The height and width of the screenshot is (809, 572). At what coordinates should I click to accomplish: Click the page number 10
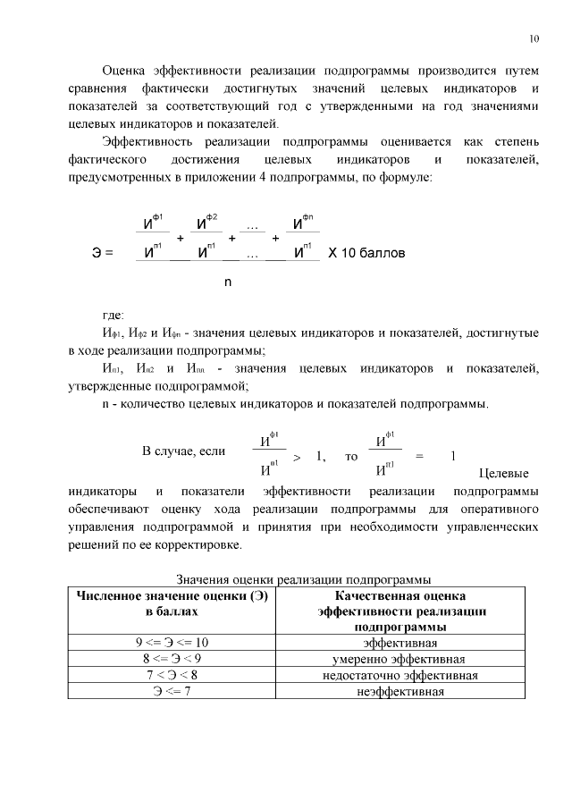pyautogui.click(x=534, y=38)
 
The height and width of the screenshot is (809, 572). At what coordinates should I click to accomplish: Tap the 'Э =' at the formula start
pyautogui.click(x=103, y=253)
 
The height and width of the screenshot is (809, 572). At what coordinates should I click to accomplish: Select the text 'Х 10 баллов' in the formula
pyautogui.click(x=366, y=253)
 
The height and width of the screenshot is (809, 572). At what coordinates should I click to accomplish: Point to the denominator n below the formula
pyautogui.click(x=228, y=282)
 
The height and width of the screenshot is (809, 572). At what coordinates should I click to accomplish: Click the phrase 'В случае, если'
pyautogui.click(x=184, y=451)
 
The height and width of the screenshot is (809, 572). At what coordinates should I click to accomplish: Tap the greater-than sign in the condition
pyautogui.click(x=297, y=457)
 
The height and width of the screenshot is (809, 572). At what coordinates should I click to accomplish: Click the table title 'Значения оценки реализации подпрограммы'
pyautogui.click(x=303, y=579)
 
